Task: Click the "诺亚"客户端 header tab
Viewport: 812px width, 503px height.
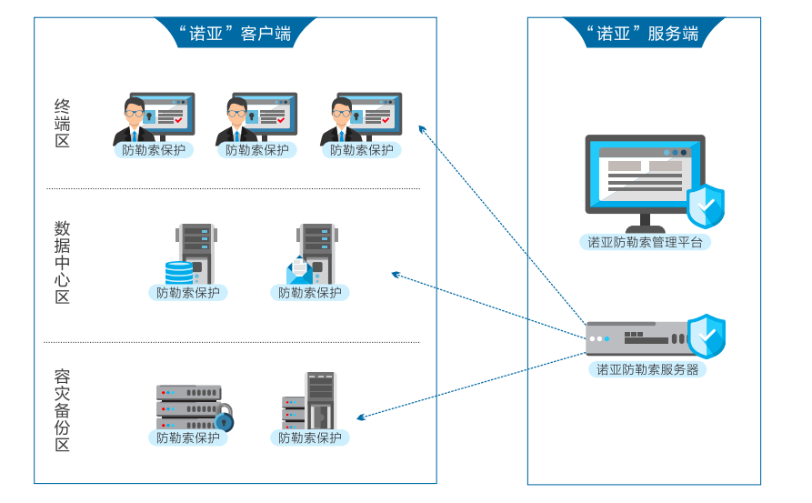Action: click(235, 34)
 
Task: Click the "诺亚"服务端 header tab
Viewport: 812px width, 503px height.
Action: click(643, 34)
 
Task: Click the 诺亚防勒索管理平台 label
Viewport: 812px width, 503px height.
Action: click(645, 242)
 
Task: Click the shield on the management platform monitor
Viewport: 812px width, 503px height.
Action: click(706, 206)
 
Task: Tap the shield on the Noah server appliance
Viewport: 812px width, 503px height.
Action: click(706, 336)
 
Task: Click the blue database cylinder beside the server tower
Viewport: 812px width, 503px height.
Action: click(179, 271)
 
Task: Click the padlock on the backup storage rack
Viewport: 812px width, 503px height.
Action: click(224, 421)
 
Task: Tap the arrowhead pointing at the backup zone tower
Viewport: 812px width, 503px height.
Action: click(361, 417)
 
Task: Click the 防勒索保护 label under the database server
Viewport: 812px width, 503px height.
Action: click(188, 293)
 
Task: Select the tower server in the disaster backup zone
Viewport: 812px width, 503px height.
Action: click(319, 400)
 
